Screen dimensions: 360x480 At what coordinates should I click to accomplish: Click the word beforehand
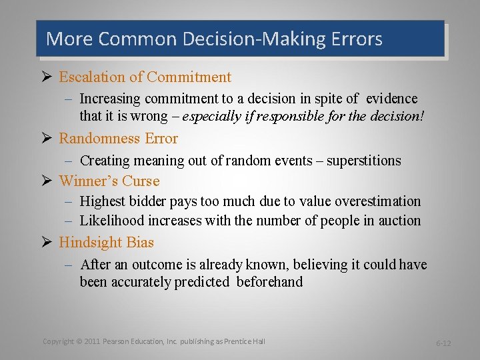pyautogui.click(x=269, y=282)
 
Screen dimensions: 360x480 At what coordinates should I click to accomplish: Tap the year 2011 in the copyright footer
pyautogui.click(x=92, y=341)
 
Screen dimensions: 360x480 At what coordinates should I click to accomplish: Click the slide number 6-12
pyautogui.click(x=443, y=343)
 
